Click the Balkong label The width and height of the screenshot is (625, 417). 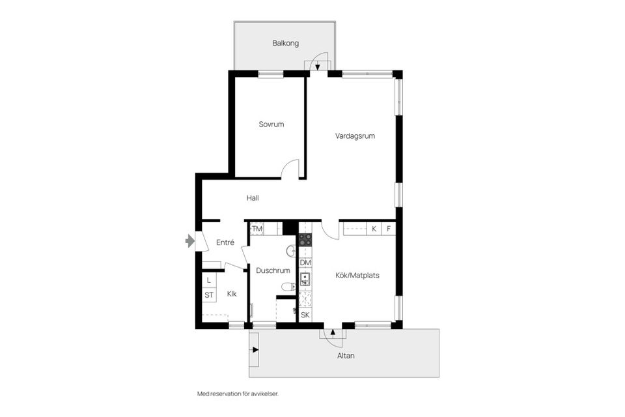[286, 44]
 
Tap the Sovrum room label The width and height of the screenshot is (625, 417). [271, 124]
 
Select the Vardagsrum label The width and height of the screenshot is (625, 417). [355, 136]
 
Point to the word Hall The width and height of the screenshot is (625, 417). [253, 198]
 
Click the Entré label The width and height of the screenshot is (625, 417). [225, 242]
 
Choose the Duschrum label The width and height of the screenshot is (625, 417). [273, 270]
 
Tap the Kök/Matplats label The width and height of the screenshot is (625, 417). [357, 276]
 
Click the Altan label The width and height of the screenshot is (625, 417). [346, 356]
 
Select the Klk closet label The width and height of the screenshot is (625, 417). [231, 295]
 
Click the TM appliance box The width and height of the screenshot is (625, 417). [257, 229]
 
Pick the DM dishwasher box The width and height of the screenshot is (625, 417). [305, 263]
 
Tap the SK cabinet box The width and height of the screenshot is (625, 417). [305, 315]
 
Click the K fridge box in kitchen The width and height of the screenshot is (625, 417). [374, 229]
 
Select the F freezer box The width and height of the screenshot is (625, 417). [389, 229]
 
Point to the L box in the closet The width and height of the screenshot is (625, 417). [209, 280]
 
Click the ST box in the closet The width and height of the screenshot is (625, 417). [209, 295]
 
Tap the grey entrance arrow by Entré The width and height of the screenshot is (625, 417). [190, 241]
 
